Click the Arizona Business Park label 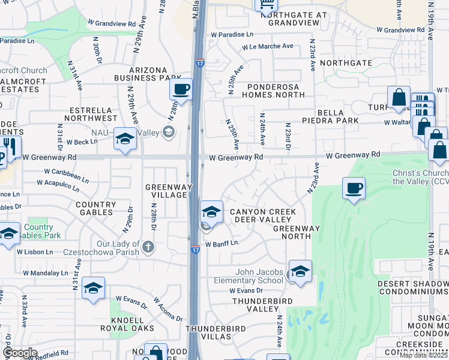coord(147,74)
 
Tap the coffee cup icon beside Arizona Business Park coord(181,91)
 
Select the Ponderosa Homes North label coord(273,90)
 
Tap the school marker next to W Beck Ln coord(125,139)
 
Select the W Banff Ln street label coord(222,244)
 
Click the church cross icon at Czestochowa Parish coord(148,246)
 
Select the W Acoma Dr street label coord(168,308)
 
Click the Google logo coord(20,353)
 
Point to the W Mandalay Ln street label coord(46,273)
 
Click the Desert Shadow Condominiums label coord(413,287)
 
